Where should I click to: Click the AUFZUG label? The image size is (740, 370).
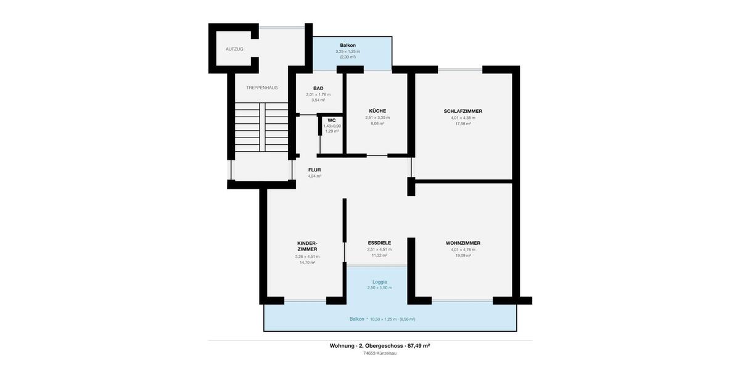point(234,49)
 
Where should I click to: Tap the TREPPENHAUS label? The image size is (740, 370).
point(262,88)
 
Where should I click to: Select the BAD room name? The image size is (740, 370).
point(318,88)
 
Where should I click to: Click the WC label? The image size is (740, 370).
point(332,120)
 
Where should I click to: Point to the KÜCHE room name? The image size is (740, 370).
point(377,111)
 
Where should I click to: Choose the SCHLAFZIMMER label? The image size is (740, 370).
point(462,111)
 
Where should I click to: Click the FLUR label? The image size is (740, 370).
point(314,170)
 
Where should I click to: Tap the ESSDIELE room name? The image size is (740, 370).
point(379,243)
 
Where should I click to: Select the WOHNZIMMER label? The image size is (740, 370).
point(462,243)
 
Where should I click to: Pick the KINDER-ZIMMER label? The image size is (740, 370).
point(307,246)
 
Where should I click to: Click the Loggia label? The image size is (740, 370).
point(379,282)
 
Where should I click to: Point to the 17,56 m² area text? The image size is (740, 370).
point(462,123)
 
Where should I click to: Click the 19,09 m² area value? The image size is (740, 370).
point(462,255)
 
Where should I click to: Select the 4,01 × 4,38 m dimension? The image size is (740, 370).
point(462,118)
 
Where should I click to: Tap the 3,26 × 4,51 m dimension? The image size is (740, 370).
point(307,257)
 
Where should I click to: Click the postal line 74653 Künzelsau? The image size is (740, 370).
point(379,353)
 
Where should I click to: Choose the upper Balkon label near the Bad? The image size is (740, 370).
point(348,46)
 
